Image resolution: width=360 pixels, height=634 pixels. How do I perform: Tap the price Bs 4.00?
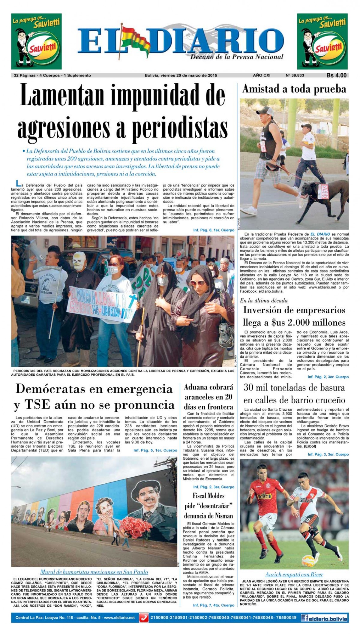(336, 76)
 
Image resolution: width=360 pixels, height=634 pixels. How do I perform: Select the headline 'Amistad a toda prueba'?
(294, 89)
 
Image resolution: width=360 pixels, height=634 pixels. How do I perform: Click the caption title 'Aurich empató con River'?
(294, 575)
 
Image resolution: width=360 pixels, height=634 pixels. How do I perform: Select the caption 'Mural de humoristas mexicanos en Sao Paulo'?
(94, 572)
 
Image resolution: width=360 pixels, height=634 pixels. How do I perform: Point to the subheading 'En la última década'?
(264, 301)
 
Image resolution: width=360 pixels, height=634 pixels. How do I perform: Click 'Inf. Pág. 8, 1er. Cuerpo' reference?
(214, 230)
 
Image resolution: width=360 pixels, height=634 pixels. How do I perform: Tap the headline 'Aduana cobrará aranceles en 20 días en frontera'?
(208, 397)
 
